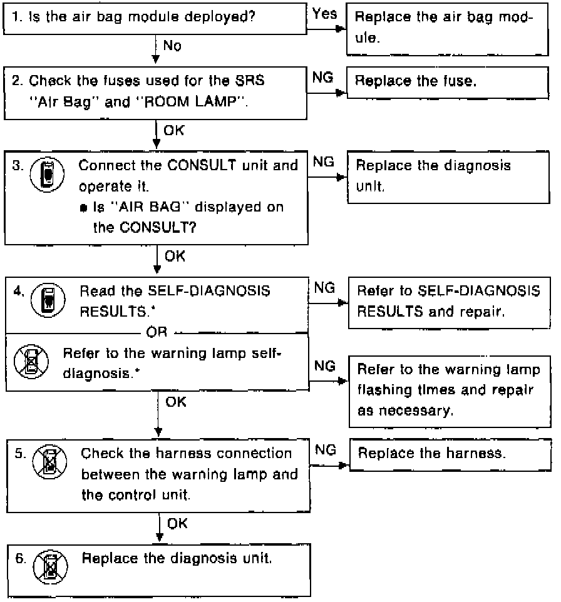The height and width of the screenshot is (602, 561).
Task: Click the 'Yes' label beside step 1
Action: point(324,14)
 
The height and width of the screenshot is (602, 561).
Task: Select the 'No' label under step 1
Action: point(172,46)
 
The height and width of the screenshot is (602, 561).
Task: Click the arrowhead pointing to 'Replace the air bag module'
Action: point(341,29)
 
